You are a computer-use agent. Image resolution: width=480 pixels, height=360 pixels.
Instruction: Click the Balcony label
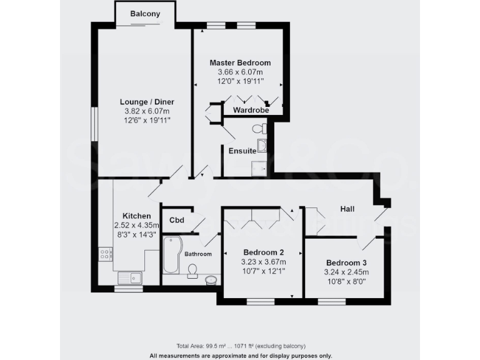[x=145, y=14]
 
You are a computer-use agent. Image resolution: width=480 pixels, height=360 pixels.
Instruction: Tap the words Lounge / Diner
[x=147, y=102]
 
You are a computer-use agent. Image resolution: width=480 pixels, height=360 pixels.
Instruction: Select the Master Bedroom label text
[x=240, y=63]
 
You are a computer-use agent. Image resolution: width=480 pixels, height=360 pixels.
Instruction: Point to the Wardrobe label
[x=251, y=110]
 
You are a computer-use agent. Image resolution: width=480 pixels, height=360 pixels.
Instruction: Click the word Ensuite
[x=242, y=151]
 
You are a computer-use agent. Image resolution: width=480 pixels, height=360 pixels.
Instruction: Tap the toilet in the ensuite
[x=259, y=129]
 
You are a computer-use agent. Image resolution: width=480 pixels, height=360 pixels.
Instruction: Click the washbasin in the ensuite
[x=261, y=146]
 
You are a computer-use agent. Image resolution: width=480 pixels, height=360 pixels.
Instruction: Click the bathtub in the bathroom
[x=170, y=254]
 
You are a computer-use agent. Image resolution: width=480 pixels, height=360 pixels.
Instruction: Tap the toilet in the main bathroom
[x=193, y=270]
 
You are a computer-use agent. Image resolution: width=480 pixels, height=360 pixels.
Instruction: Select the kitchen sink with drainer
[x=129, y=277]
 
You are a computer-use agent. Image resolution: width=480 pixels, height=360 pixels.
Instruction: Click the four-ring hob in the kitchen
[x=105, y=254]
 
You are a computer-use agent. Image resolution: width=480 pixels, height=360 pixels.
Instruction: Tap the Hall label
[x=348, y=208]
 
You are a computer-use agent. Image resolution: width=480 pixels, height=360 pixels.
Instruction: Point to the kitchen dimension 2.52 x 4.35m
[x=136, y=225]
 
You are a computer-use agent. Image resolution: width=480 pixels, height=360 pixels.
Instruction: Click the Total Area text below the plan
[x=240, y=346]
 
